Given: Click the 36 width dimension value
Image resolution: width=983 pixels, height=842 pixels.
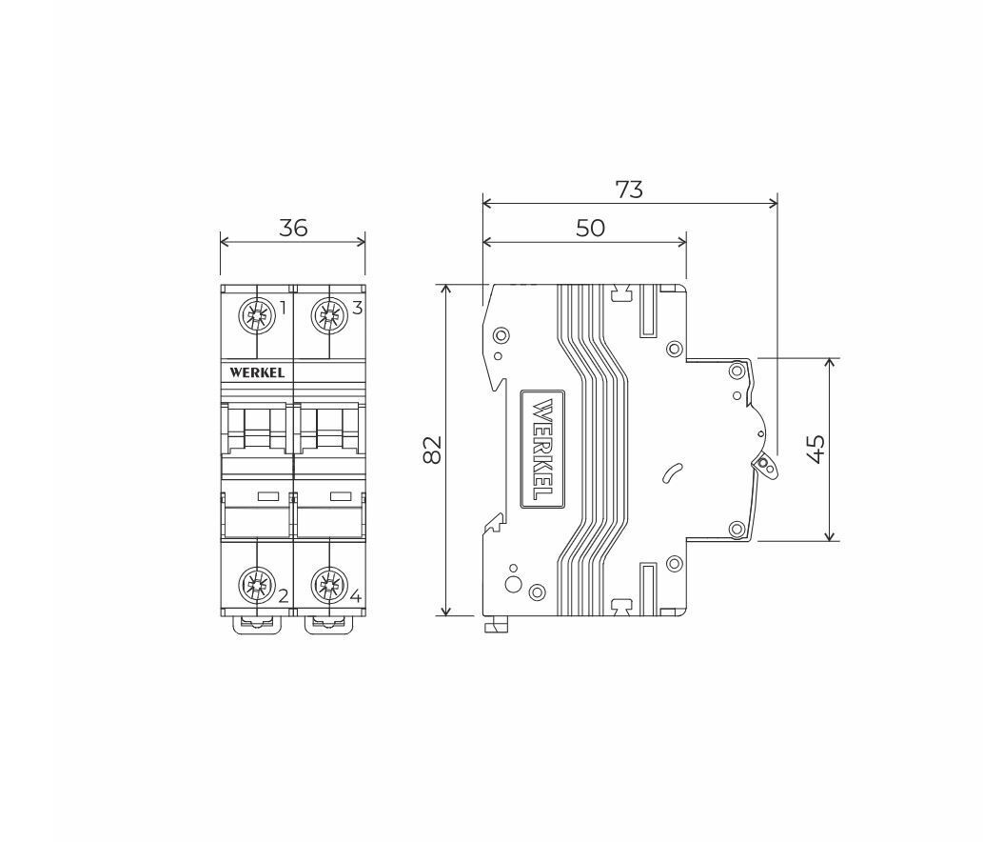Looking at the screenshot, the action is pyautogui.click(x=293, y=227).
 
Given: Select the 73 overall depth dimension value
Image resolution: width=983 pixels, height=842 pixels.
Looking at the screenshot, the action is pyautogui.click(x=629, y=189).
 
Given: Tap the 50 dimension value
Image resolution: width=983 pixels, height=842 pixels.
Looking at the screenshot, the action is pyautogui.click(x=590, y=228).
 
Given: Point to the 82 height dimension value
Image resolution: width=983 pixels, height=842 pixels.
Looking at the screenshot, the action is pyautogui.click(x=432, y=450).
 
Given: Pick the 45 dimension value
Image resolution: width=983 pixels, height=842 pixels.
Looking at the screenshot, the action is pyautogui.click(x=815, y=450).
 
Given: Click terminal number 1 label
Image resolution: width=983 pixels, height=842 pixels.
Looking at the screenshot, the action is pyautogui.click(x=283, y=308).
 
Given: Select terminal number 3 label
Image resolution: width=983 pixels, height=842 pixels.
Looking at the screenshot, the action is pyautogui.click(x=357, y=308).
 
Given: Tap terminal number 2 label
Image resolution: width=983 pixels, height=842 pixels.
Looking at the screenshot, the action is pyautogui.click(x=283, y=596).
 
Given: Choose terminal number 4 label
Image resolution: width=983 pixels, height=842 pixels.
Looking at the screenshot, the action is pyautogui.click(x=356, y=596).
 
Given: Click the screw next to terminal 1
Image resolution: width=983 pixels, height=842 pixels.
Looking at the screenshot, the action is pyautogui.click(x=257, y=314).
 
